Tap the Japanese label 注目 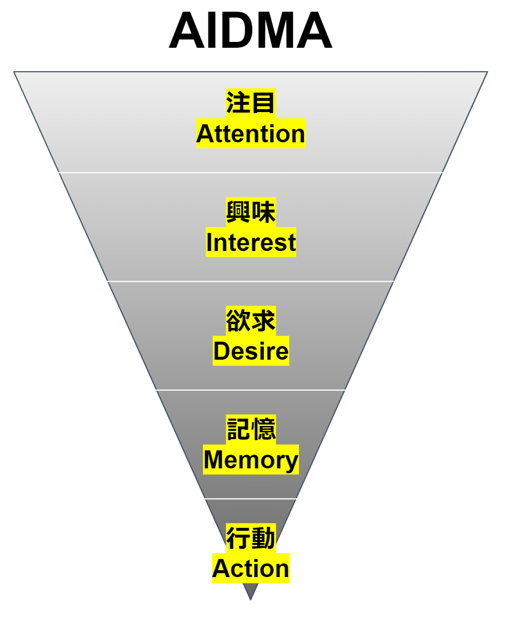[x=251, y=103]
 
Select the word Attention [x=251, y=134]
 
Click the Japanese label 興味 [x=251, y=212]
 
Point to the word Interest [x=251, y=242]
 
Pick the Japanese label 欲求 [x=251, y=320]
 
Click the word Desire [x=251, y=351]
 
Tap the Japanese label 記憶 [x=251, y=429]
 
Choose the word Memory [x=251, y=460]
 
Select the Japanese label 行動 [x=251, y=538]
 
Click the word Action [x=251, y=568]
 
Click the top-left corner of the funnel [x=15, y=73]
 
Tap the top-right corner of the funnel [x=486, y=73]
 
